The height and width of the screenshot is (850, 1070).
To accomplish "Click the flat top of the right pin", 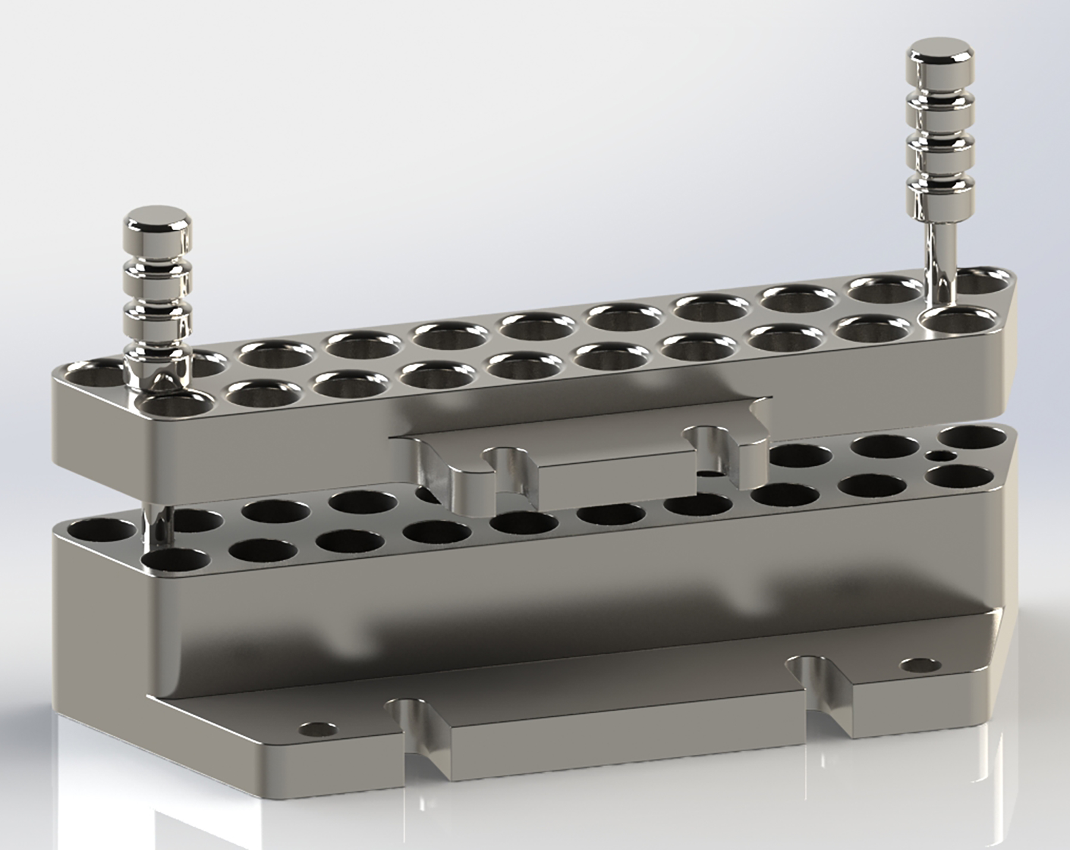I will click(x=943, y=51).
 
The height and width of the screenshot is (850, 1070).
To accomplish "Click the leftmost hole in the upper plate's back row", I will click(x=92, y=374).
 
